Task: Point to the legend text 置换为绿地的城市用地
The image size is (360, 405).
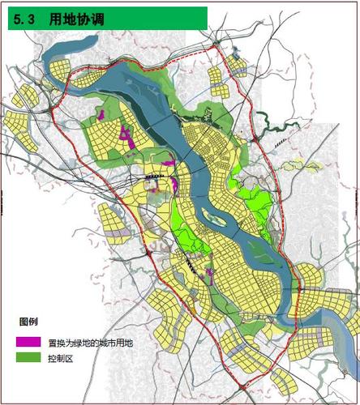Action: coord(89,342)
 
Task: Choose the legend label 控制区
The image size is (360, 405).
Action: coord(60,357)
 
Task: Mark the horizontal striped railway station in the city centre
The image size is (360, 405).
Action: coord(152,173)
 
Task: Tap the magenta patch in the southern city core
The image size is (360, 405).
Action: coord(210,277)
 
